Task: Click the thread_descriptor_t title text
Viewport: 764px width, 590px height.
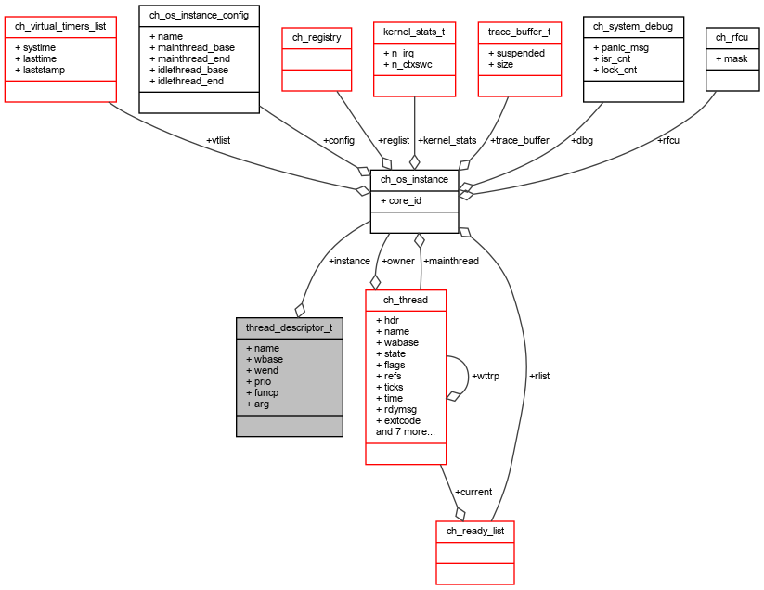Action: pos(289,327)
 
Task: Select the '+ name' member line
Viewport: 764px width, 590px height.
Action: pos(263,348)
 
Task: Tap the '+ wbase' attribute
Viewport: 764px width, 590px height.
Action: pos(265,359)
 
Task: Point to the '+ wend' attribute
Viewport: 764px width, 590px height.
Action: pos(262,370)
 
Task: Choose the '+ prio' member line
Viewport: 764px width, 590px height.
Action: pos(259,381)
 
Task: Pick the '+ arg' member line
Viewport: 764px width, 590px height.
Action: pos(258,404)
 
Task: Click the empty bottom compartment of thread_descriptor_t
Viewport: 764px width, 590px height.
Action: pos(289,426)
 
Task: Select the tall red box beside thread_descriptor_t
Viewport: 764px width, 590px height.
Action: pos(406,377)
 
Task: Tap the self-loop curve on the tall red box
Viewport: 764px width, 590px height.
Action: pos(468,375)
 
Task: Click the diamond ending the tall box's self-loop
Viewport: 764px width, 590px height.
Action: pos(453,396)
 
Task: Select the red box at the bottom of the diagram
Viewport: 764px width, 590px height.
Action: pos(474,553)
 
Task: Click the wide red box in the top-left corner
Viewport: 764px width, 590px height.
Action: pos(60,59)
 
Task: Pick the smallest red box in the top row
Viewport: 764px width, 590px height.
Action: pos(317,59)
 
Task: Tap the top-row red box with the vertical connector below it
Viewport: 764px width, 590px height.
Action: pos(414,59)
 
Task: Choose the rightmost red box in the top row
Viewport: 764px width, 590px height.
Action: pos(519,59)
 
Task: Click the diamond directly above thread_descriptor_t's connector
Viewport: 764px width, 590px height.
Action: pos(300,310)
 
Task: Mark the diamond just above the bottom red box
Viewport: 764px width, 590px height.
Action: pos(460,513)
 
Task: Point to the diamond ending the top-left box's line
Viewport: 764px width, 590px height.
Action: pos(363,191)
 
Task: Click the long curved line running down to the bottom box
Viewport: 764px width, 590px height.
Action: pos(524,371)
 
